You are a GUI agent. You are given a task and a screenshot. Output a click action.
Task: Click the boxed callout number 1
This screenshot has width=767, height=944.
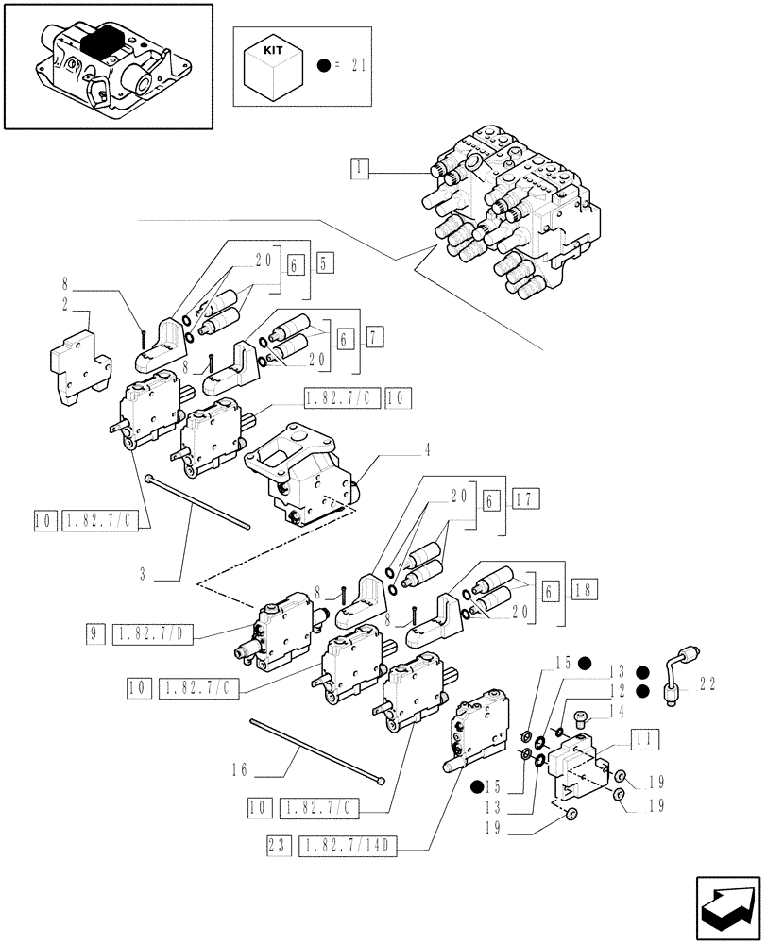point(359,169)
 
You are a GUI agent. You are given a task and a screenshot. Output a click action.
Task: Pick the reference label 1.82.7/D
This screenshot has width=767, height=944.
point(152,635)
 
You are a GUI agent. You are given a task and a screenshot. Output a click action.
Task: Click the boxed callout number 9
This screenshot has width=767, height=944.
point(96,635)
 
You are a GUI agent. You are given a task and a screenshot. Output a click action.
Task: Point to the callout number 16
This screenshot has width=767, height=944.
point(238,769)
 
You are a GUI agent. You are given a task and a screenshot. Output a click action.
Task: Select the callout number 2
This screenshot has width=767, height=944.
point(64,305)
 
